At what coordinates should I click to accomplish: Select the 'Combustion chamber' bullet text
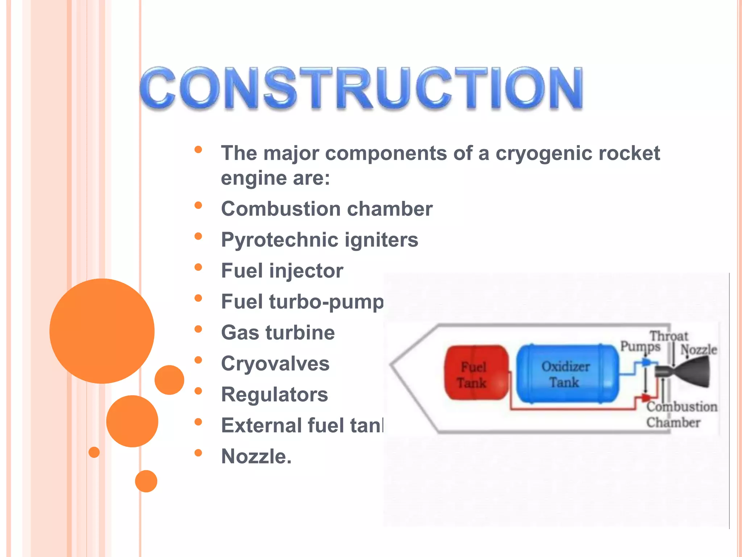pos(327,209)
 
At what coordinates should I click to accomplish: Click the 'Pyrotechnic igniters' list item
pos(320,240)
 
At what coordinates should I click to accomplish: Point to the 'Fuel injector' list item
pos(282,271)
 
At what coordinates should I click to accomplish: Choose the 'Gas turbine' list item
pos(278,333)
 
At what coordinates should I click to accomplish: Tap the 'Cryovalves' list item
pos(275,363)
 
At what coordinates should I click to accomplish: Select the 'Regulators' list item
pos(274,394)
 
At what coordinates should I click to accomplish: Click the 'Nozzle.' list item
pos(256,456)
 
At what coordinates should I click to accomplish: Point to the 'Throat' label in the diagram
pos(668,335)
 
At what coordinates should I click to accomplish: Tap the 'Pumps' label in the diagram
pos(640,346)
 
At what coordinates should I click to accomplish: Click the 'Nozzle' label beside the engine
pos(699,350)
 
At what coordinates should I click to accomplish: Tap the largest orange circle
pos(102,331)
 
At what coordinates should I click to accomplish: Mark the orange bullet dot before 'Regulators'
pos(198,391)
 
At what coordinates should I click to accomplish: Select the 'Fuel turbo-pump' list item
pos(302,302)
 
